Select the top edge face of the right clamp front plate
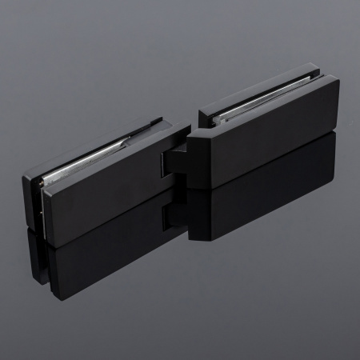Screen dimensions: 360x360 (256, 108)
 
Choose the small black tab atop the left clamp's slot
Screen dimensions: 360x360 (156, 122)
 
